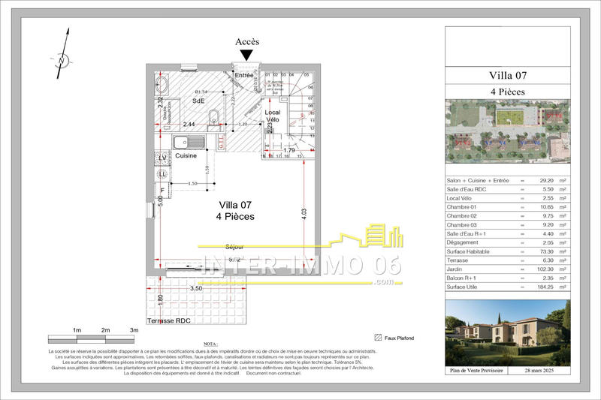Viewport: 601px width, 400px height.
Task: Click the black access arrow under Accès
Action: [247, 55]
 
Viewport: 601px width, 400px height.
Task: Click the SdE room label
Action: [198, 101]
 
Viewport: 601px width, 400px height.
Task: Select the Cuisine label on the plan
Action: [186, 155]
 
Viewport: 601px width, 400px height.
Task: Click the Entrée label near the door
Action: [243, 76]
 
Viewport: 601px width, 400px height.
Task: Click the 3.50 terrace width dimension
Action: [196, 288]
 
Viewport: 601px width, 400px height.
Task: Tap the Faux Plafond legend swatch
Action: [378, 337]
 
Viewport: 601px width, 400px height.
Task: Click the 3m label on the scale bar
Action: [134, 330]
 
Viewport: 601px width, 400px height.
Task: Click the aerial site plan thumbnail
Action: [507, 133]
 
